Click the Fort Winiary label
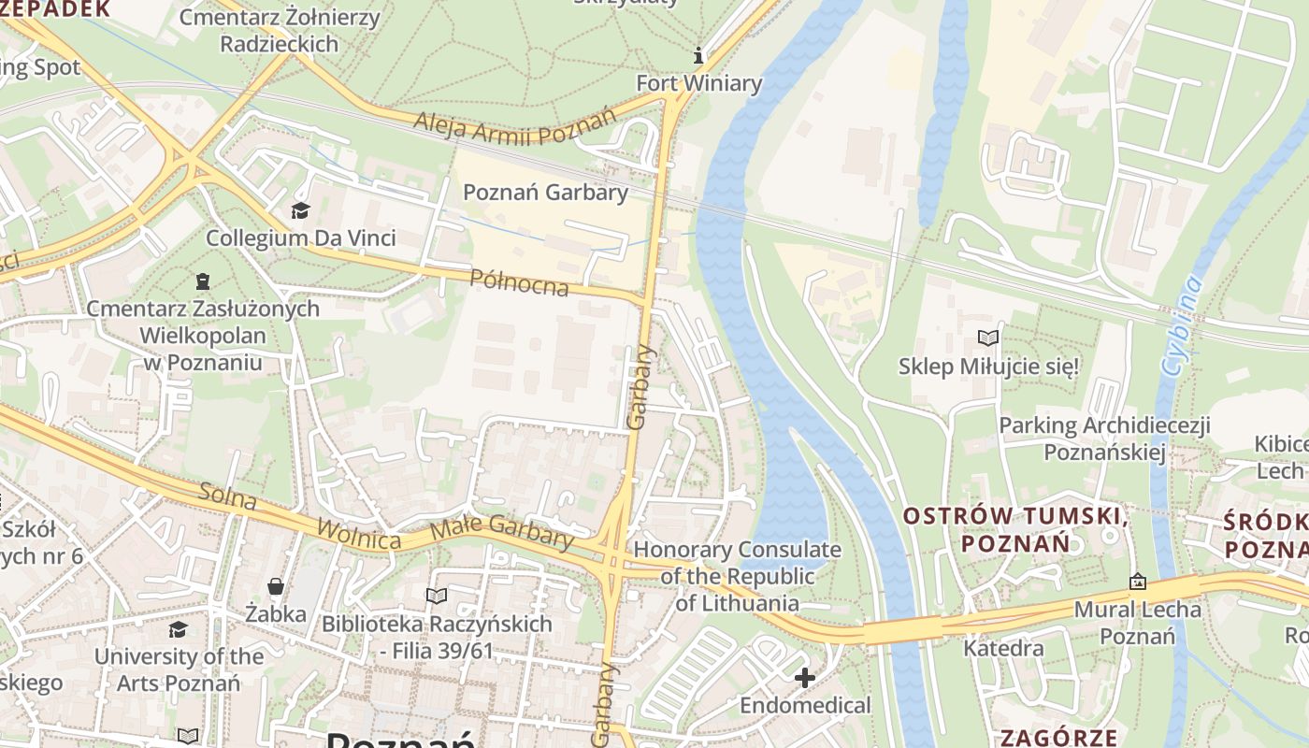click(698, 83)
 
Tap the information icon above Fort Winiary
click(698, 56)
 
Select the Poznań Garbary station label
click(545, 193)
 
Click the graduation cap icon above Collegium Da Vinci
click(300, 210)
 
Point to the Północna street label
click(519, 281)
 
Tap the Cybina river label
click(1181, 324)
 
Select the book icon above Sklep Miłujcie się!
click(988, 338)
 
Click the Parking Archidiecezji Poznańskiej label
click(1104, 439)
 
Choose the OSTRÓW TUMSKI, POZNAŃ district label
click(1014, 528)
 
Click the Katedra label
click(1003, 648)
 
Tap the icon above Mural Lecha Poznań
click(1137, 582)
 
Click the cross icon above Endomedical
click(804, 677)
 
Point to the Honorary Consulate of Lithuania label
click(737, 576)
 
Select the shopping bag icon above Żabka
click(276, 586)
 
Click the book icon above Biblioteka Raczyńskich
click(437, 596)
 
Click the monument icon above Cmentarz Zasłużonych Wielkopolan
click(202, 280)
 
